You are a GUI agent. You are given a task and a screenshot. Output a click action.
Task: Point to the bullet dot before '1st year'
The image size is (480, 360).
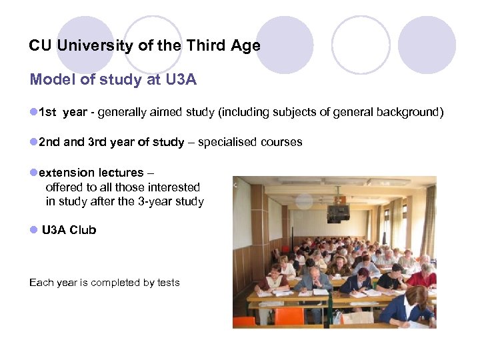pos(33,112)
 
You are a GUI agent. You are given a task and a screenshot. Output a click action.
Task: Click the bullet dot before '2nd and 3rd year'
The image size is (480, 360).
pos(33,142)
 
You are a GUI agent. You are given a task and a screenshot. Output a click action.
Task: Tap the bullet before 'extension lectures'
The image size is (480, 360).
pos(33,173)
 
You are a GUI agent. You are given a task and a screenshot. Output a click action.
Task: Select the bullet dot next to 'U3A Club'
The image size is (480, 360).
pos(33,230)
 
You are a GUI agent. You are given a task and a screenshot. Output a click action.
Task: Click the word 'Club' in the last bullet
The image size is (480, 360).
pos(83,230)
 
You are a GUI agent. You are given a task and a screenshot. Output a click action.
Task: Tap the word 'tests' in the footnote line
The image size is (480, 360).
pos(169,283)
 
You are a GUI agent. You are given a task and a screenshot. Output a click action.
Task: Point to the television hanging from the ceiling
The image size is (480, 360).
pos(337,213)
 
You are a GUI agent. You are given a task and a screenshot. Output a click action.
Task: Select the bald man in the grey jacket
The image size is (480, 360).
pos(313,280)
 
